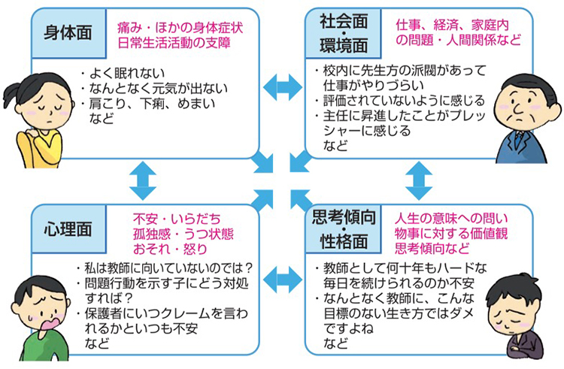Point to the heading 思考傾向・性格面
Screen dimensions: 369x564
[340, 230]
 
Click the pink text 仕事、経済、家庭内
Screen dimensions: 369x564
[455, 25]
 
